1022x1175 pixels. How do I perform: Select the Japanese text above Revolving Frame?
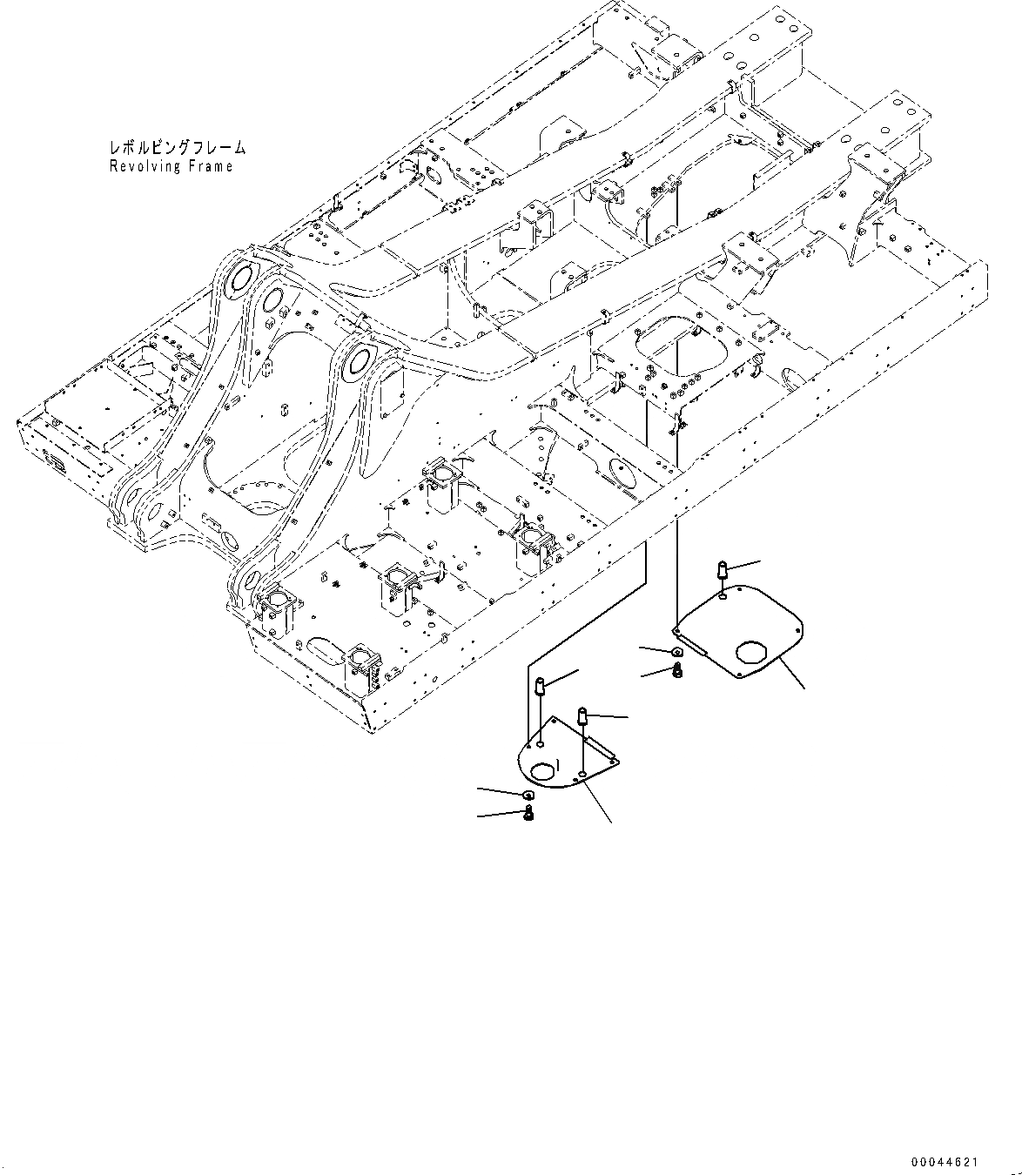point(177,149)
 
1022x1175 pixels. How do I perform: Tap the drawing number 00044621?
point(945,1162)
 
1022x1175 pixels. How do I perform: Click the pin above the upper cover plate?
point(722,571)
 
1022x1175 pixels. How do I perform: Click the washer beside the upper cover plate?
point(676,652)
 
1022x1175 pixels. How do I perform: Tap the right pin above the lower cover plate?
point(582,717)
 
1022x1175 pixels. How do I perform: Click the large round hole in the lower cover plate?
point(542,769)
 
